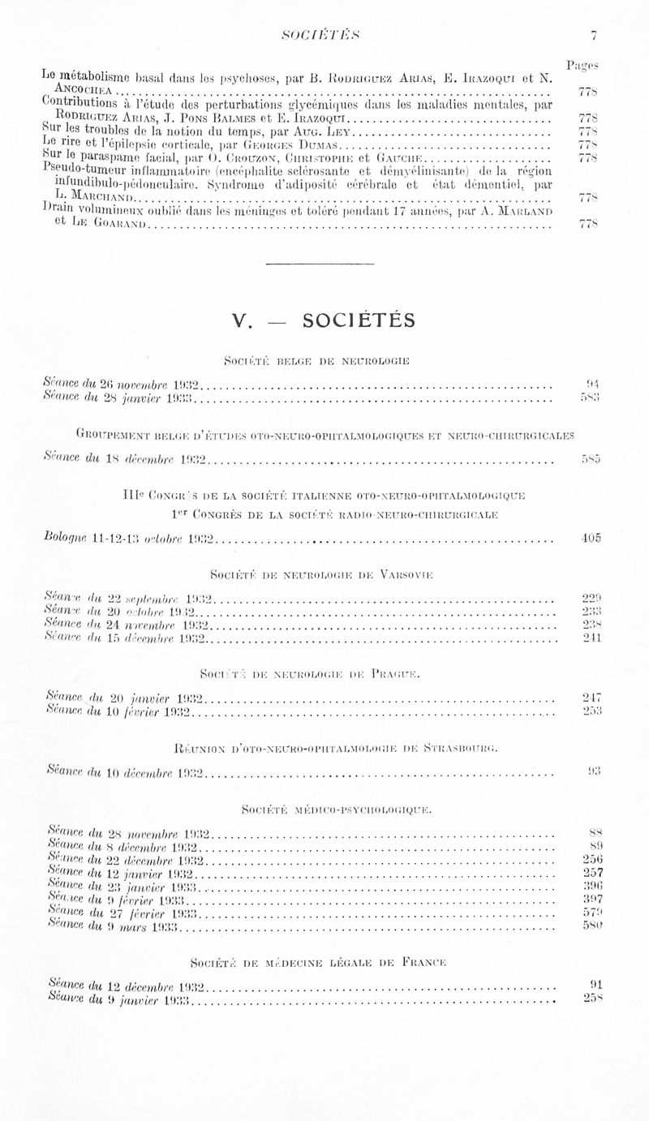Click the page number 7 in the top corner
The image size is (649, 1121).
[594, 35]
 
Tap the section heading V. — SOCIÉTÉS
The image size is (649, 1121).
[324, 320]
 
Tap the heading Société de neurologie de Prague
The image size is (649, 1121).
[324, 673]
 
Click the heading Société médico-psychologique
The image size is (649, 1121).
[324, 809]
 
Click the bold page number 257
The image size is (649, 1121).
[591, 874]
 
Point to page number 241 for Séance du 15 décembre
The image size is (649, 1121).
[591, 638]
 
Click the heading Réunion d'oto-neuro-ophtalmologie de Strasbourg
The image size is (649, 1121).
[324, 741]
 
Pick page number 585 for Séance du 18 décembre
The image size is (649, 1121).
[591, 460]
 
